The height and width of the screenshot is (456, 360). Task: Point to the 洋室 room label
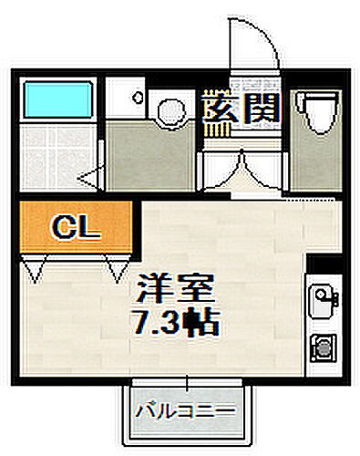click(x=175, y=294)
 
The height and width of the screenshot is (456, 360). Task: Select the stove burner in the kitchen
click(x=321, y=347)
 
